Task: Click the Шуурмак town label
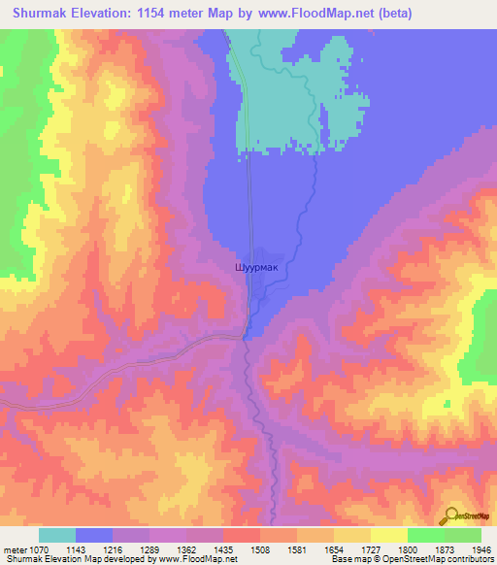pos(256,264)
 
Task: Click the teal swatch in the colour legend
pos(57,535)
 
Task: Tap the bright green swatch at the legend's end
pos(462,535)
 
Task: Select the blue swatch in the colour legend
pos(94,535)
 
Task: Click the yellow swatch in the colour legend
pos(388,535)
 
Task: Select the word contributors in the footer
pos(471,560)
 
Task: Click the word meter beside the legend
pos(16,549)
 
